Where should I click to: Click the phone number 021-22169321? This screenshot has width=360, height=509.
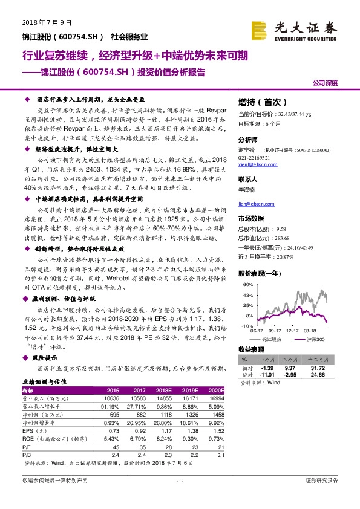[255, 157]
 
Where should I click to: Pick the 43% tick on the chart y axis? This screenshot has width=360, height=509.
[247, 296]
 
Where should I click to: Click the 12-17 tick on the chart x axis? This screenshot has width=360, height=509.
[294, 331]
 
